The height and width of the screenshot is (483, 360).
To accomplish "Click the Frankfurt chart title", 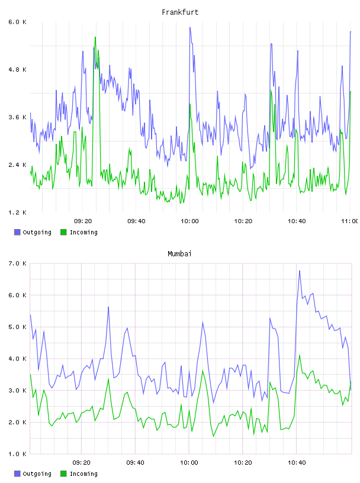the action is tap(180, 12).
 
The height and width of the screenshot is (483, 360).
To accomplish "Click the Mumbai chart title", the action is tap(179, 254).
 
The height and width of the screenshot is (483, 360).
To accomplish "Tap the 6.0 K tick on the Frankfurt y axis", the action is tap(18, 22).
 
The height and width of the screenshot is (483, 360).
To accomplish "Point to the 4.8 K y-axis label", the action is tap(18, 70).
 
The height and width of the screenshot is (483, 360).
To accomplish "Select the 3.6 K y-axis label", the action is tap(18, 117).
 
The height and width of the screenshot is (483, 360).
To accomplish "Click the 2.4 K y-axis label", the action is tap(18, 165).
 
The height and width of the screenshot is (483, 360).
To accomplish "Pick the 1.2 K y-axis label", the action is tap(18, 212).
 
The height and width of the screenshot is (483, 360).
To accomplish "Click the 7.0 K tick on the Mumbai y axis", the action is tap(18, 263).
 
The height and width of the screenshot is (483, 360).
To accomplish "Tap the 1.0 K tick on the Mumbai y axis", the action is tap(18, 454).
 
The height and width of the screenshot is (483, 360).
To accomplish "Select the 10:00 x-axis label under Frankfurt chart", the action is tap(189, 221).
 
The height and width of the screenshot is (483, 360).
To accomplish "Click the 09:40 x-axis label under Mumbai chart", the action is tap(135, 463).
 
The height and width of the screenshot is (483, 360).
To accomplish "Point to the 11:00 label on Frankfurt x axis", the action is tap(350, 221).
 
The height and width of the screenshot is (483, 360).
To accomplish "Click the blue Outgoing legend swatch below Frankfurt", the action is tap(17, 232).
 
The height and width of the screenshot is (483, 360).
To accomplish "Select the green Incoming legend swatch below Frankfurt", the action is tap(63, 232).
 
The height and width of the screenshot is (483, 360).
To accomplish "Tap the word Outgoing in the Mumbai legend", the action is tap(37, 474).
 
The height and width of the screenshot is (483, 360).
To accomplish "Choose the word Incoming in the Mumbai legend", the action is tap(83, 474).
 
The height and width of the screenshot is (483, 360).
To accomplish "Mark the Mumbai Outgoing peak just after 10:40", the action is tap(299, 271).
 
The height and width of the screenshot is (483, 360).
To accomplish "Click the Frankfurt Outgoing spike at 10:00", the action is tap(190, 27).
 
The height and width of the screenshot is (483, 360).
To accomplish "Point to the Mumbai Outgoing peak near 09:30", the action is tap(108, 307).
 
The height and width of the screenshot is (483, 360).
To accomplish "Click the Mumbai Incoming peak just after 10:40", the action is tap(299, 355).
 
